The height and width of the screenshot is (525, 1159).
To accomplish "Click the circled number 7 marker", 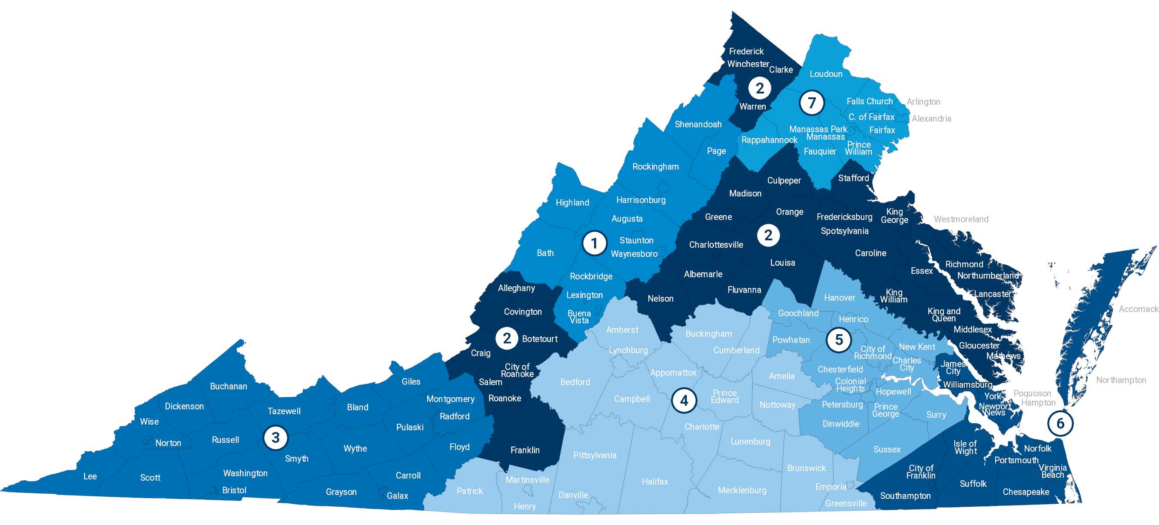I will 812,103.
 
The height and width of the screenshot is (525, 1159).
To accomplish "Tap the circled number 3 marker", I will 276,437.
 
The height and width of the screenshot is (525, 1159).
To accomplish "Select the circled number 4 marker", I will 684,400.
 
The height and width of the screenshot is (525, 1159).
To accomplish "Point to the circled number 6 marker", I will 1060,423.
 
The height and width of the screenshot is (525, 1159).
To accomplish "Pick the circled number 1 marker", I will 594,243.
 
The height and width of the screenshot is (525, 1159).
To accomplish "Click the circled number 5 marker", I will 839,340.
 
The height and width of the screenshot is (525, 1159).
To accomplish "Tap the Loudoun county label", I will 826,74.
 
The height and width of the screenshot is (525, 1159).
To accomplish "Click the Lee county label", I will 90,476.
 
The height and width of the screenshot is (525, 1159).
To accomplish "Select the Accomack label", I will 1138,309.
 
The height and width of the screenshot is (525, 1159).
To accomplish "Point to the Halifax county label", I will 654,482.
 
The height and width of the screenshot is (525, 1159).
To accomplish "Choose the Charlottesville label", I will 716,245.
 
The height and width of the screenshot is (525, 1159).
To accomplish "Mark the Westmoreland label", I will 961,219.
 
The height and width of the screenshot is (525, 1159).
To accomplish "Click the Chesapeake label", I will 1026,492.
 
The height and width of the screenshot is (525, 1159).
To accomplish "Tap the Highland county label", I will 572,203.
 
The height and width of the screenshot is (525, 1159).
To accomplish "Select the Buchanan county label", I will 229,386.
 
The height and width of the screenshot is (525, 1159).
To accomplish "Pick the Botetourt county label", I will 539,339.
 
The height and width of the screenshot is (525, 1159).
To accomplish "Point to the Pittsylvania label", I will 595,455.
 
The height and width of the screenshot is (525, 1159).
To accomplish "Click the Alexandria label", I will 931,119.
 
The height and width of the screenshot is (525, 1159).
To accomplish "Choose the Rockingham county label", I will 655,166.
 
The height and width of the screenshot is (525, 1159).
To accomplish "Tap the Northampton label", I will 1121,380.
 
